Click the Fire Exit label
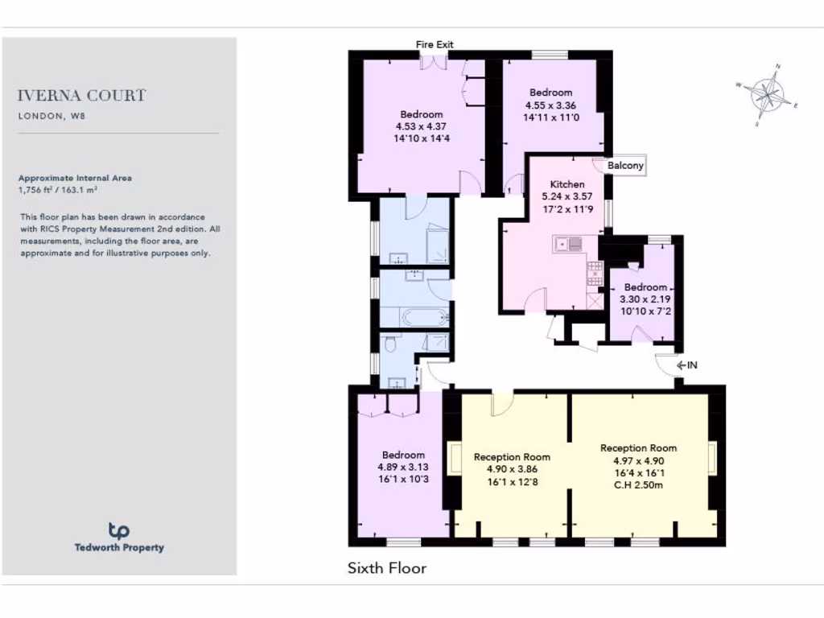435,44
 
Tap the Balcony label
625,166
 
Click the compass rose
768,94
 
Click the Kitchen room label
566,184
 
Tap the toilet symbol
389,344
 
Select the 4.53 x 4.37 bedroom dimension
421,126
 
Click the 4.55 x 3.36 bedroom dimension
550,105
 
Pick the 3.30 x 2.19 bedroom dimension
645,299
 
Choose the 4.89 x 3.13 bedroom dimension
403,467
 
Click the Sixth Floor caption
386,568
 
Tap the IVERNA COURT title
82,96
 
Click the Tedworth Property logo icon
119,529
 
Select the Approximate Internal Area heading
75,179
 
